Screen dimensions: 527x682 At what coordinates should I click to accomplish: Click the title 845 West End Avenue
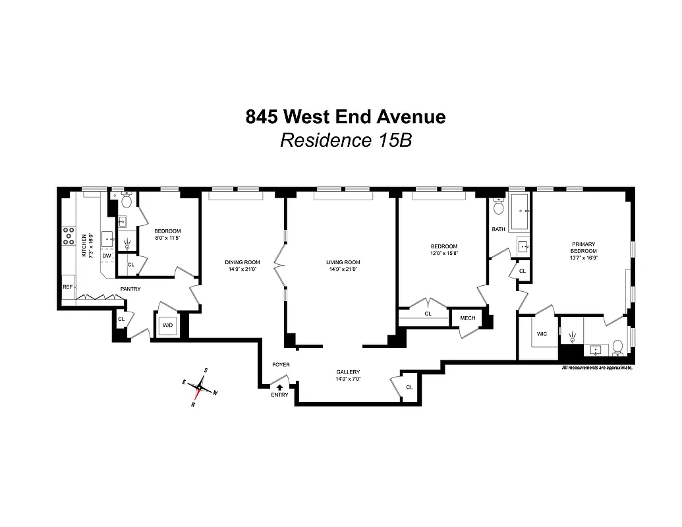pos(345,117)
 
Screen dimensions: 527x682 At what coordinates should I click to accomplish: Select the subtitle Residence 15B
pos(345,140)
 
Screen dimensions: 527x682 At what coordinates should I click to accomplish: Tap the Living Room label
pos(343,262)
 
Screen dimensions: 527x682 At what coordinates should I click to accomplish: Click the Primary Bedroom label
pos(583,247)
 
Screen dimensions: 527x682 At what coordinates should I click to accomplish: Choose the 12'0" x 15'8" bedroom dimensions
pos(443,253)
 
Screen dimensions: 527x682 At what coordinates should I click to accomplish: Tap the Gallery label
pos(348,372)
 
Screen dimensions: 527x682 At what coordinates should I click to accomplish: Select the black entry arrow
pos(279,387)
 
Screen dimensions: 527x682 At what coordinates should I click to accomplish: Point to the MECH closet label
pos(467,318)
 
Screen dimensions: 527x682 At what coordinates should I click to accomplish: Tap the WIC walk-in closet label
pos(542,334)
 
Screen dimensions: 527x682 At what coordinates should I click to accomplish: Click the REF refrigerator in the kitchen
pos(67,287)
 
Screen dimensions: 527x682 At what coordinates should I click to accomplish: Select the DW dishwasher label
pos(106,256)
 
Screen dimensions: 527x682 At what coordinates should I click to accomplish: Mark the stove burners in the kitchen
pos(68,236)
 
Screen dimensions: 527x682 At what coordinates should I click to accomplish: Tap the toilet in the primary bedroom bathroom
pos(617,346)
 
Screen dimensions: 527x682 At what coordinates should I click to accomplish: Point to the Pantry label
pos(130,289)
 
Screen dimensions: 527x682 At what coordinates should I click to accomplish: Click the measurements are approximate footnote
pos(596,368)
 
